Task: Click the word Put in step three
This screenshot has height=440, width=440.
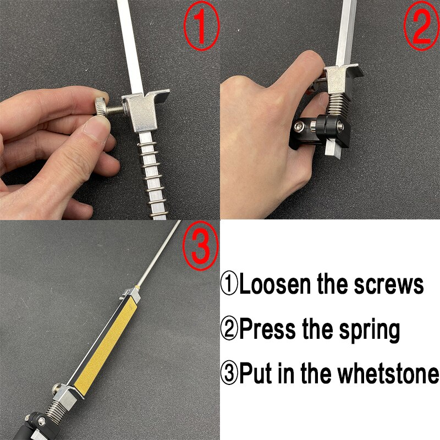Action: pos(257,374)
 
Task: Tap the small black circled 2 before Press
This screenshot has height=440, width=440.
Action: pos(230,329)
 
